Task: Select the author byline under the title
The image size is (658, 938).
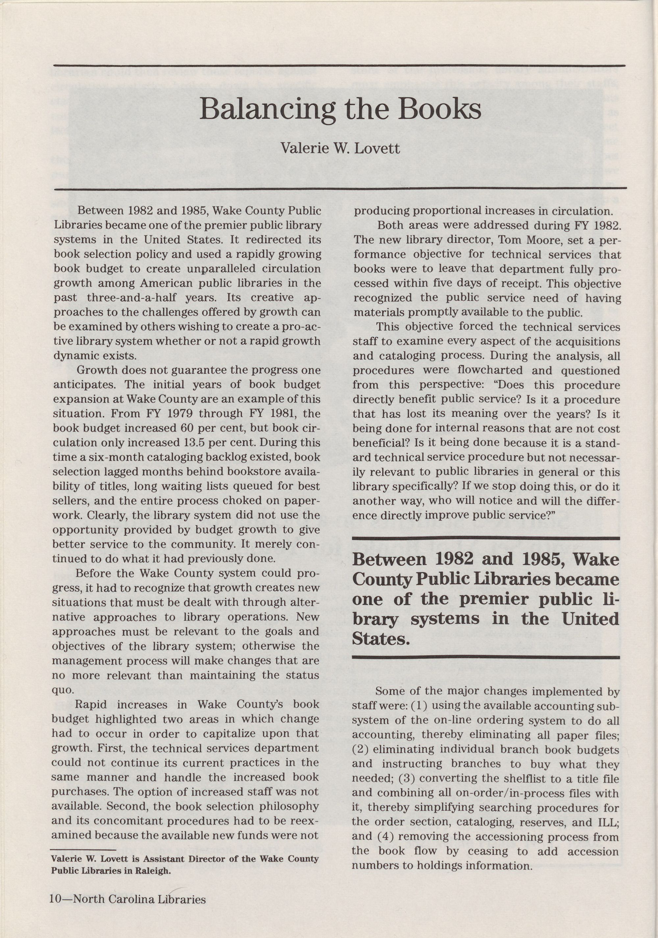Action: coord(340,148)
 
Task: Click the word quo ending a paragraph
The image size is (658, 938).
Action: coord(63,690)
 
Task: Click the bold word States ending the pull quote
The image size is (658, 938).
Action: coord(381,638)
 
